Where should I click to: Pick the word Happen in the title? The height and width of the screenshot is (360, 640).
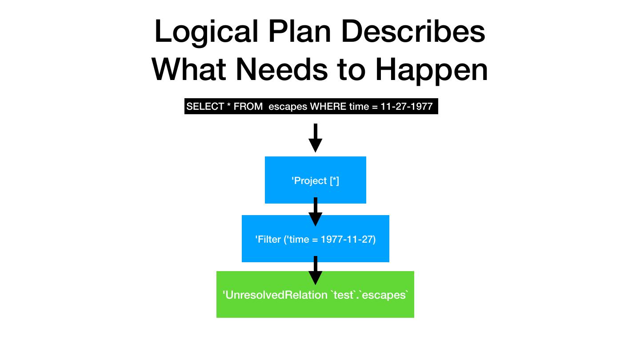pos(431,70)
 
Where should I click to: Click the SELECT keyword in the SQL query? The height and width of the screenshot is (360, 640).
pos(205,107)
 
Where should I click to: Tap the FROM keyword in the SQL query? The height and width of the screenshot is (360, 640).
pos(248,107)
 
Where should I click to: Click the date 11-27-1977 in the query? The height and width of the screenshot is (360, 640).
pos(406,107)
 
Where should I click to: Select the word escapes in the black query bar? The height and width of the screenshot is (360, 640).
pos(288,107)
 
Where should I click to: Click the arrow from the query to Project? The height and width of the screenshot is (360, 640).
pos(315,138)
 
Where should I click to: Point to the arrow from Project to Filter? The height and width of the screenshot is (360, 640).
pos(315,212)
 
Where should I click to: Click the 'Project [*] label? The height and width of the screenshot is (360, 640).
pos(315,180)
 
